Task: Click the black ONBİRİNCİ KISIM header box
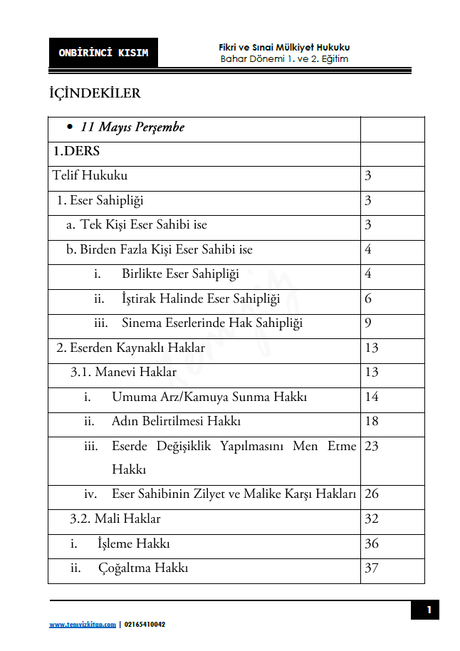(103, 53)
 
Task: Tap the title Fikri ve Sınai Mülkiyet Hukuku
(284, 47)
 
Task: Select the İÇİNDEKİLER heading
(95, 94)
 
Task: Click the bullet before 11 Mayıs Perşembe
(70, 127)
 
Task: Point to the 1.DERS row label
(75, 151)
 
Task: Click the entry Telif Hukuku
(90, 175)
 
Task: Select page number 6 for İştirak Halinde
(368, 298)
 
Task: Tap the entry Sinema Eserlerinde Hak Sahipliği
(211, 323)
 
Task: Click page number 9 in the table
(368, 323)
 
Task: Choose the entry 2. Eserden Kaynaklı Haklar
(130, 348)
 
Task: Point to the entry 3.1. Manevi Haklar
(123, 372)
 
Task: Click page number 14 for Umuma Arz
(371, 397)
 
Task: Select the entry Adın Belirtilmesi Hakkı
(176, 421)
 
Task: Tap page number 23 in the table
(371, 447)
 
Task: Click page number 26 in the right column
(371, 494)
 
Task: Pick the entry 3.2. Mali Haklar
(115, 519)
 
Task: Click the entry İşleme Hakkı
(133, 543)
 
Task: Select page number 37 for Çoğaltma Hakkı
(371, 568)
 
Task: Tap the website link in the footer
(83, 625)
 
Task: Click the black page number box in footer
(429, 610)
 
